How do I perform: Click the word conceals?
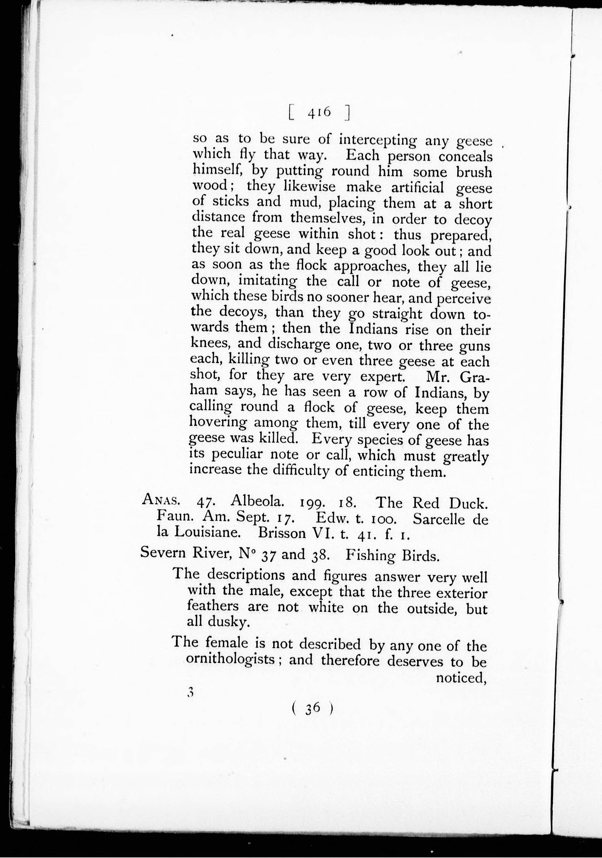(465, 157)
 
